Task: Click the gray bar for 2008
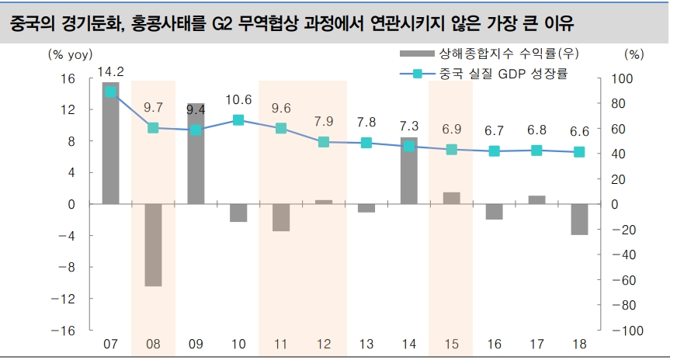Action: tap(153, 245)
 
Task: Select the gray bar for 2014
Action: tap(409, 171)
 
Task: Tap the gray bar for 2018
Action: tap(579, 220)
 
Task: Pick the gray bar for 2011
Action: tap(281, 217)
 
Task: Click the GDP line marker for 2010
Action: tap(238, 120)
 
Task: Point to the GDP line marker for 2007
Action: tap(110, 92)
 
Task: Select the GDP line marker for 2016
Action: tap(495, 151)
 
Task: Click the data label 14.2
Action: tap(110, 71)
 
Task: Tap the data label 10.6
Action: tap(238, 99)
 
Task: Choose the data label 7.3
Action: tap(409, 126)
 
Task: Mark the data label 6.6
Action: tap(579, 131)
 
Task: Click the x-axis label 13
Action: tap(366, 343)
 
